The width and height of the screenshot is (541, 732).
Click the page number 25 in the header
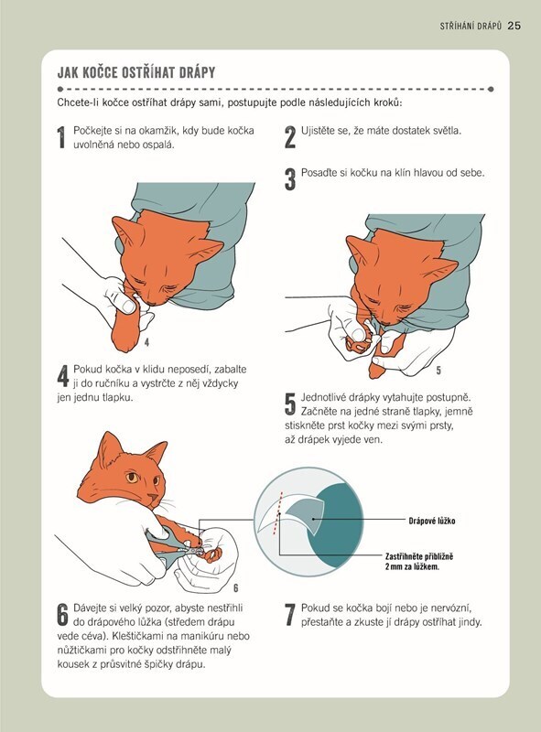point(514,26)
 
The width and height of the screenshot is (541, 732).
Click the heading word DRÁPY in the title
point(195,72)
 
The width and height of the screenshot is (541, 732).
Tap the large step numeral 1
point(61,137)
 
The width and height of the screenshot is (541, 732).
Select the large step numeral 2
point(290,137)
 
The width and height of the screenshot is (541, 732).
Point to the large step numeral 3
point(290,179)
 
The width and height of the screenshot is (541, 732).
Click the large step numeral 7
point(290,615)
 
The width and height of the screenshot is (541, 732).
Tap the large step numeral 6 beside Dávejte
point(63,615)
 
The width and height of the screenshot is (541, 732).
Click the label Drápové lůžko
point(432,521)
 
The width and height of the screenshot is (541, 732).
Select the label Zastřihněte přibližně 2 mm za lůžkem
point(419,562)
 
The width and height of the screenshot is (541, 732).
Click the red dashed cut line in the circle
point(277,512)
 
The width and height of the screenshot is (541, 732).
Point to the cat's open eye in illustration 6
point(132,478)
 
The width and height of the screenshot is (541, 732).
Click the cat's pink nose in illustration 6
point(152,497)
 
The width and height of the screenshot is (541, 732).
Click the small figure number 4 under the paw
point(146,342)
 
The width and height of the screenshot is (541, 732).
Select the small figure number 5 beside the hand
point(438,371)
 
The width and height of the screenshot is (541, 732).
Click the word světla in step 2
point(446,131)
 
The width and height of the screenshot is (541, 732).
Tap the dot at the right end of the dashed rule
point(491,89)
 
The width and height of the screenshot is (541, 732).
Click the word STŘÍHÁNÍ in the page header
point(456,27)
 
